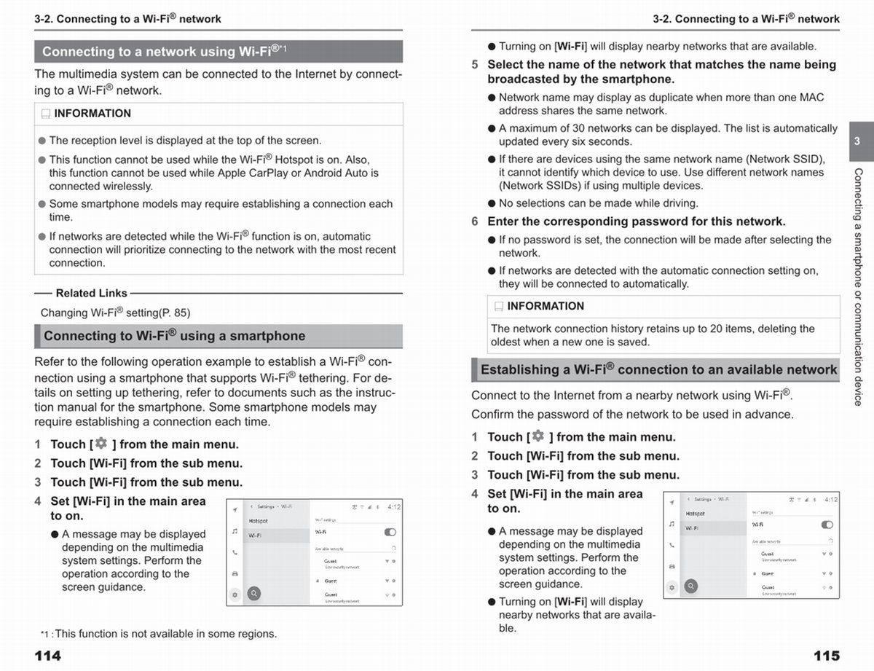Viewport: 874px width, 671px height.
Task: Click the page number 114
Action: point(48,656)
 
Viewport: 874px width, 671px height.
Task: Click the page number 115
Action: point(826,656)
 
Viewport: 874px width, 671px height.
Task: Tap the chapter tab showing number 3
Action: point(857,141)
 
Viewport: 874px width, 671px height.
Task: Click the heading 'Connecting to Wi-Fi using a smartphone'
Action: point(175,336)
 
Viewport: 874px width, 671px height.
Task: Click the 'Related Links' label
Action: point(91,293)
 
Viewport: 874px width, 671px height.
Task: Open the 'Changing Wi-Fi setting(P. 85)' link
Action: point(115,313)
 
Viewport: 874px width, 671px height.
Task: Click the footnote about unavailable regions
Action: point(159,634)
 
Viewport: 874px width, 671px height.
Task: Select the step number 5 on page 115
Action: point(475,65)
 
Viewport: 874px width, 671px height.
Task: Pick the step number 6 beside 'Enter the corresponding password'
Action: point(475,221)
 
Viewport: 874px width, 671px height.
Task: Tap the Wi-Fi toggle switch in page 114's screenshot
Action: point(390,532)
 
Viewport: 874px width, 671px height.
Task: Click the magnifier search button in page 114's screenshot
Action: point(254,594)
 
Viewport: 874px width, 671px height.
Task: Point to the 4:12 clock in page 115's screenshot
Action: point(830,500)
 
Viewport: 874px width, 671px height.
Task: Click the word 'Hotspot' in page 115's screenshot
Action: point(695,514)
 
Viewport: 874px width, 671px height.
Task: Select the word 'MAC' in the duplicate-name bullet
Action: point(811,97)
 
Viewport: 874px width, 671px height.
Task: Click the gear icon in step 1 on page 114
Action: point(101,444)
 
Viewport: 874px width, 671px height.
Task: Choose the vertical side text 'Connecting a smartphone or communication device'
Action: point(858,287)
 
